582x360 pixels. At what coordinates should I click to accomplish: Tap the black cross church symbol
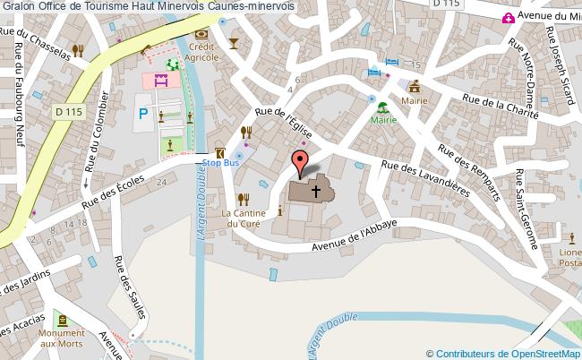click(x=315, y=191)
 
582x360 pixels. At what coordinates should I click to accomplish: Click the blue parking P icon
click(x=143, y=115)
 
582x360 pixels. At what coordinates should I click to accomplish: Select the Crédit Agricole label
click(x=202, y=51)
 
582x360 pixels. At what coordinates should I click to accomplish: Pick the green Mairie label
click(x=383, y=118)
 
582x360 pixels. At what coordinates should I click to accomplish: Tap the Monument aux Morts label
click(x=62, y=337)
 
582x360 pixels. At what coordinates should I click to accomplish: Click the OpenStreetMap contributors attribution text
click(x=503, y=352)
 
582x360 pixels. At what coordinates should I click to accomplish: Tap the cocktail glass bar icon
click(x=235, y=43)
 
